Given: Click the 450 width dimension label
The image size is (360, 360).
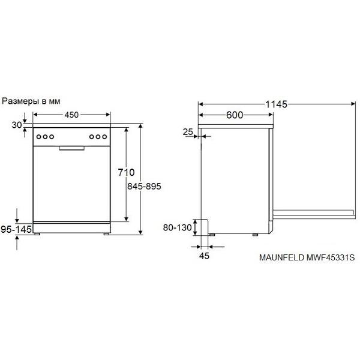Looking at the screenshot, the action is [71, 115].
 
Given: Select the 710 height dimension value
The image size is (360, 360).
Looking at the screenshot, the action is [126, 172].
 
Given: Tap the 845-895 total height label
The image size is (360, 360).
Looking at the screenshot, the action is [144, 186].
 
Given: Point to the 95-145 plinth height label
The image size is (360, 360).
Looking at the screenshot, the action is [16, 229].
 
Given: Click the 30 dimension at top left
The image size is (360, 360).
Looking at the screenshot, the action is [17, 125].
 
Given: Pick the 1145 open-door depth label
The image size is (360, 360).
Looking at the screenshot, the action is [277, 104].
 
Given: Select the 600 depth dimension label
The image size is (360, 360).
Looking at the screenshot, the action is [235, 115].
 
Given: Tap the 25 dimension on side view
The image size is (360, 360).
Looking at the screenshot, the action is [188, 132].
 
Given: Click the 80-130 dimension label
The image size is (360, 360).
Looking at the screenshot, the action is [177, 227].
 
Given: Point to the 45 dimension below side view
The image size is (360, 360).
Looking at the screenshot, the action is [205, 256].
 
